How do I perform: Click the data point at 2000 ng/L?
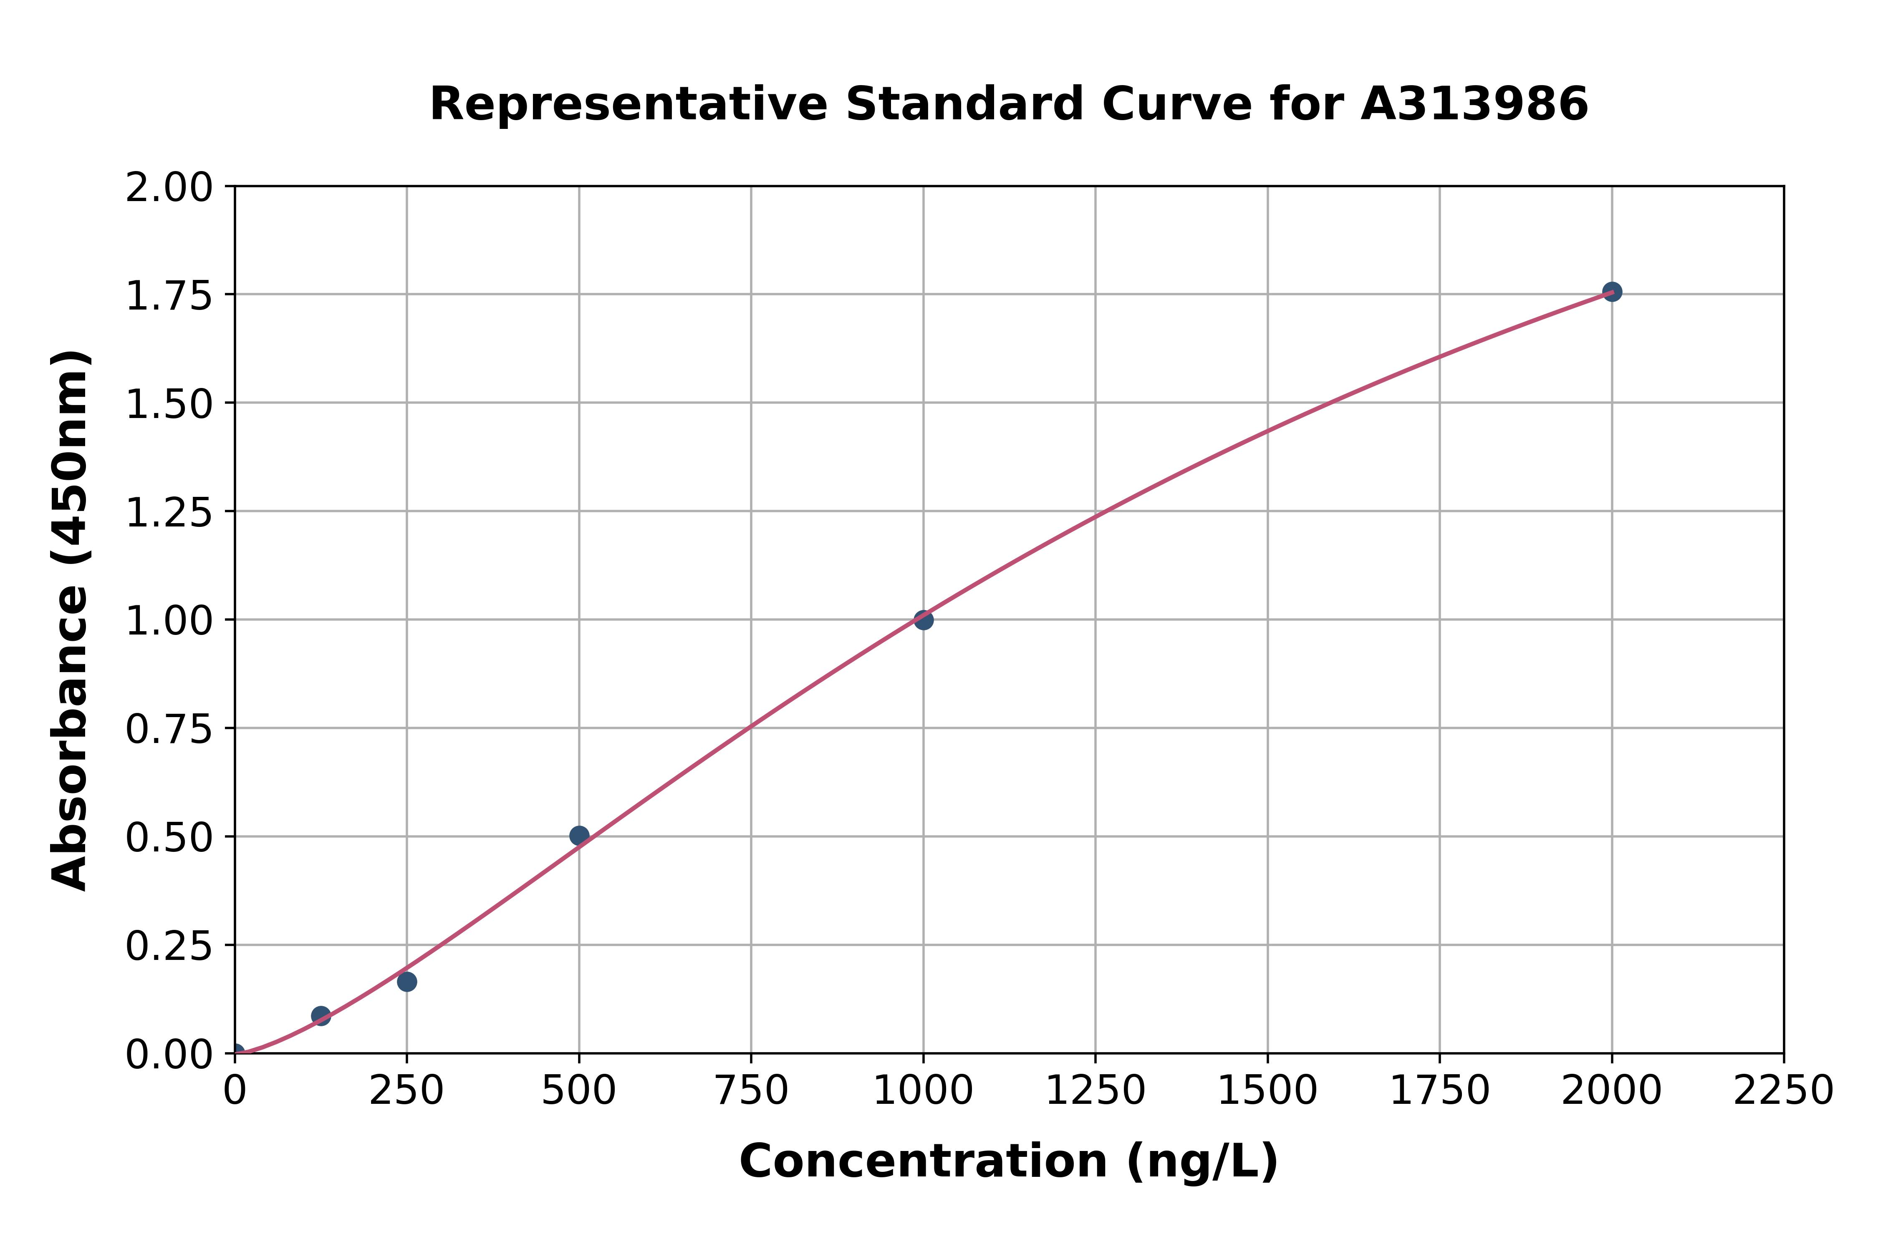[x=1612, y=292]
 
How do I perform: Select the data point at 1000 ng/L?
[x=923, y=619]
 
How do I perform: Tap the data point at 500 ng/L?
[x=578, y=835]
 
